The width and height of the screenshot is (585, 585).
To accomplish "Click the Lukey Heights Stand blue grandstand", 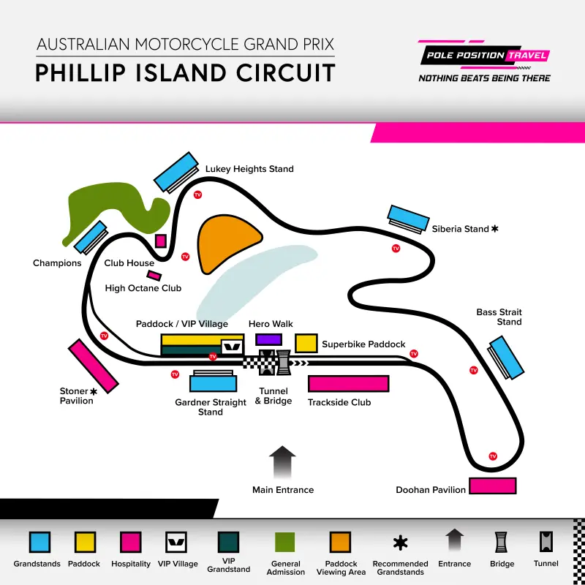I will tap(176, 171).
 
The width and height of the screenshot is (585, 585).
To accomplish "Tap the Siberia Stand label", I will tap(460, 229).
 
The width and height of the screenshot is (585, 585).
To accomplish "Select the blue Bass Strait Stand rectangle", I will tap(507, 357).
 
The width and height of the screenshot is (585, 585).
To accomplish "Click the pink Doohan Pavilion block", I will tap(493, 486).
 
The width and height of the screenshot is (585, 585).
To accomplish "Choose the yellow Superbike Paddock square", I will tap(306, 343).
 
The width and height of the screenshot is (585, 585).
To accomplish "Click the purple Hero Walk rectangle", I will tap(268, 339).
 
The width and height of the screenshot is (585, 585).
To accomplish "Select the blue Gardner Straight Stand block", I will tap(213, 383).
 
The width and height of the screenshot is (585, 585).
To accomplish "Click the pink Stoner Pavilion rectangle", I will tap(93, 366).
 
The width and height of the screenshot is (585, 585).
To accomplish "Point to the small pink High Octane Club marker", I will tap(154, 276).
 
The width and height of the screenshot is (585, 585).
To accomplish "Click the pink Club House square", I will tap(161, 241).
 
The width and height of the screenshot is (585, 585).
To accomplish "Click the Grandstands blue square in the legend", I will tap(39, 542).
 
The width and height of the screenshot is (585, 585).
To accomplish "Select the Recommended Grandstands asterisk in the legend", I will tap(400, 542).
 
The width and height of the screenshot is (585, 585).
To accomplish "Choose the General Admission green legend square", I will tap(285, 542).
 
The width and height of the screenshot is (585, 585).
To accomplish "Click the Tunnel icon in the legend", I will tap(546, 542).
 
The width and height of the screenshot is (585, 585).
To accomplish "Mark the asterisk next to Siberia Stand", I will tap(495, 229).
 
